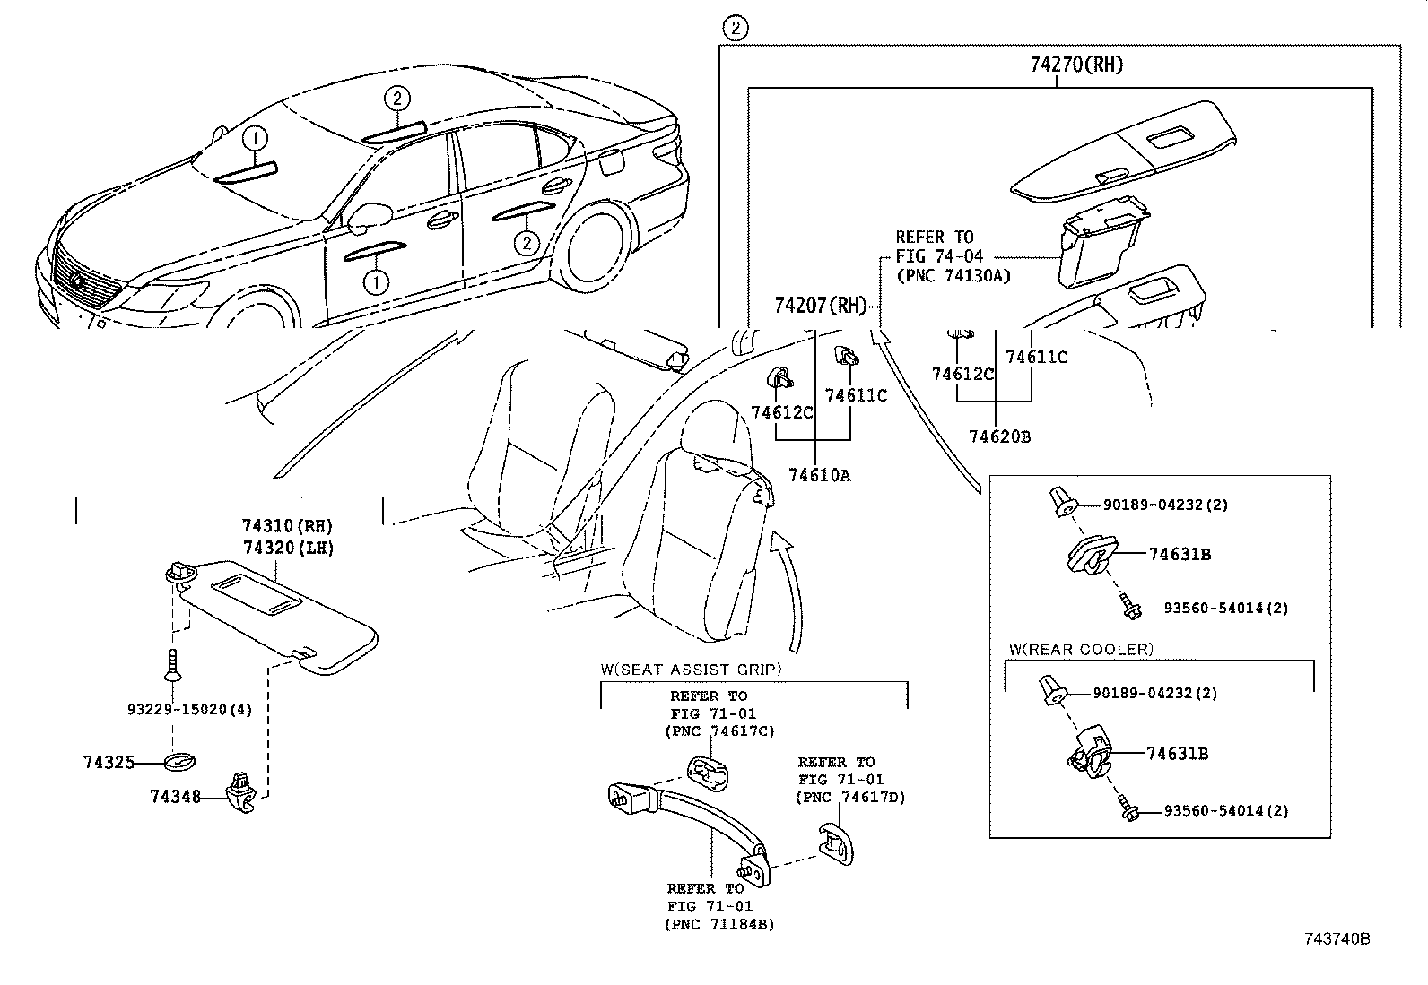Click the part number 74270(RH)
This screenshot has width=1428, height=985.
(1076, 65)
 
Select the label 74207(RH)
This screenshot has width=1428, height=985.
(820, 307)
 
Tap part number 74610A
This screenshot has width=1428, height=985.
(819, 476)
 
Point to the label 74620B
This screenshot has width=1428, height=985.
(999, 436)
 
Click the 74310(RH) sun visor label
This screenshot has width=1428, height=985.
(287, 526)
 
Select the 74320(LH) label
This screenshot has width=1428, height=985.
(287, 548)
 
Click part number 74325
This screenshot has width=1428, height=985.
(109, 763)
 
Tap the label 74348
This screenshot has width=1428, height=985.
(175, 796)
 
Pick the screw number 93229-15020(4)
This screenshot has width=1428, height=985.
(188, 710)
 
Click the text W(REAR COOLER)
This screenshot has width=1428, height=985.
(1080, 650)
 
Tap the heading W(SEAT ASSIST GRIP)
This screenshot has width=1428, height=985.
(691, 670)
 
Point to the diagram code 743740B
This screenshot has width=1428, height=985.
(1337, 939)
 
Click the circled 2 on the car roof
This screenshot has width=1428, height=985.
(398, 98)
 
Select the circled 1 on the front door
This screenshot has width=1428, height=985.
(375, 282)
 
